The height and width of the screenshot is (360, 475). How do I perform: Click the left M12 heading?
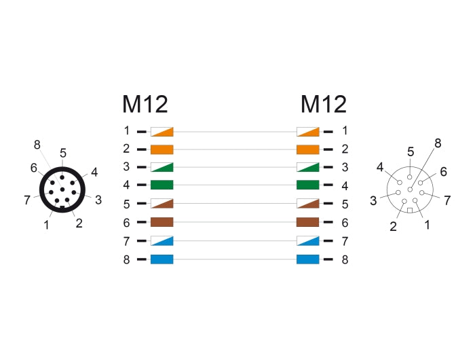tap(145, 105)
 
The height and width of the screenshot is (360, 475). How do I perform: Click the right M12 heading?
tap(324, 105)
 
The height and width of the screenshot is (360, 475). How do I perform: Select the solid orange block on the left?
tap(162, 149)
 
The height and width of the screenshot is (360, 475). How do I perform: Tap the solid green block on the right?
tap(308, 185)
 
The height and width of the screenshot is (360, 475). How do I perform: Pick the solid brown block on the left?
tap(162, 222)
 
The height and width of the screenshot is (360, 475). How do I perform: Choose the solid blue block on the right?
tap(308, 259)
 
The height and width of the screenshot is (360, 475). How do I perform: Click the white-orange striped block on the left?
tap(162, 132)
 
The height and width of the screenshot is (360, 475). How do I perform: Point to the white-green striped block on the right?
tap(308, 167)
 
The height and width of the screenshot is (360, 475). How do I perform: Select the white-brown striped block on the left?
tap(162, 204)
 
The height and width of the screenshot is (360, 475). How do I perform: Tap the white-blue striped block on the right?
tap(308, 241)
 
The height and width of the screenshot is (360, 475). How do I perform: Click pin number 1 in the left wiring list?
tap(127, 130)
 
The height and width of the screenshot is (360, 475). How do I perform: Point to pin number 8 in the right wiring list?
tap(345, 259)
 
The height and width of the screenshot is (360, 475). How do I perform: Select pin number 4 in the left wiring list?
tap(126, 185)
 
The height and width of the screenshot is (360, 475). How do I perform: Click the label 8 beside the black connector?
tap(37, 145)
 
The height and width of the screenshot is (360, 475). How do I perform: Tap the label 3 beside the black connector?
tap(98, 200)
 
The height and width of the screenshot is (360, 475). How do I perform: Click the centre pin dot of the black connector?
tap(62, 190)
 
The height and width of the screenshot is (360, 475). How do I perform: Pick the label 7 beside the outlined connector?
tap(447, 200)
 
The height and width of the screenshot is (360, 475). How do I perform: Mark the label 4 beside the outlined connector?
tap(380, 167)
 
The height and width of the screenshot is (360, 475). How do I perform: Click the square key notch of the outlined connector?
tap(410, 210)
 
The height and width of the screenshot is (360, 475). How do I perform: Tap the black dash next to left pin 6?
tap(141, 222)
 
